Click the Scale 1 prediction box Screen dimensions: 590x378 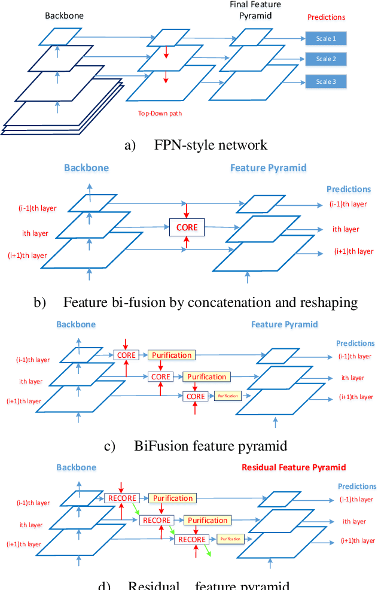(x=326, y=39)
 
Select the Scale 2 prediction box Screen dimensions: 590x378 (x=326, y=59)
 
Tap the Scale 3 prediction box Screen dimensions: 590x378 (x=326, y=81)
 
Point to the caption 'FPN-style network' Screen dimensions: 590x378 (x=211, y=145)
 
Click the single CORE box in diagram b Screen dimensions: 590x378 (x=187, y=227)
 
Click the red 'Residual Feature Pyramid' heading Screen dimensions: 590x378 (x=294, y=467)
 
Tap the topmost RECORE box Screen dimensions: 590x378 (x=121, y=498)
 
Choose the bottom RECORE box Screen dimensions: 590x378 (x=191, y=539)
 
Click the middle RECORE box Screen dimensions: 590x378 (x=156, y=520)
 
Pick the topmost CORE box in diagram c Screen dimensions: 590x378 (x=126, y=355)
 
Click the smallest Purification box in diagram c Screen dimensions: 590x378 (x=227, y=396)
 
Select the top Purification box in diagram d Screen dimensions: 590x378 (x=172, y=498)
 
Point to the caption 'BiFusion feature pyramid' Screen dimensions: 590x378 (x=211, y=446)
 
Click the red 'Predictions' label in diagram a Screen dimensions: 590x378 (x=326, y=17)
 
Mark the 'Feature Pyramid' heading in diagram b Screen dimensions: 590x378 (x=269, y=168)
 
